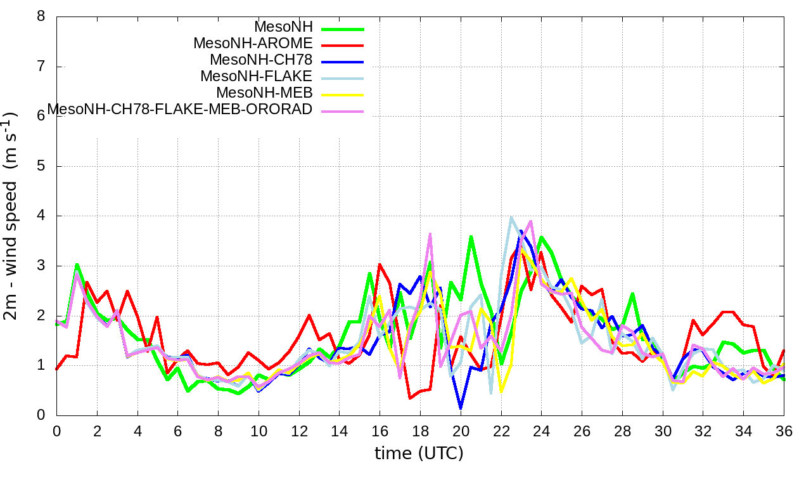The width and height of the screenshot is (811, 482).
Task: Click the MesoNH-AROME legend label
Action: click(x=253, y=44)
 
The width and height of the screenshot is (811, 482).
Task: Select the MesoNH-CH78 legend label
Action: click(x=261, y=60)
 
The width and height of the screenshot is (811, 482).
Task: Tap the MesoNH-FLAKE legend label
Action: click(x=257, y=76)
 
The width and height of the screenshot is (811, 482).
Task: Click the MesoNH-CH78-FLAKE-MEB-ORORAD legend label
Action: click(x=180, y=109)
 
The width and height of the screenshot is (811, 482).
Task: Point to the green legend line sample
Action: click(x=343, y=28)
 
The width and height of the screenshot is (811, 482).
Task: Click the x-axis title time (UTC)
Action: click(x=419, y=453)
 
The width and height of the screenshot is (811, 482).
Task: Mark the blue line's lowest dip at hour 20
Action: click(x=461, y=408)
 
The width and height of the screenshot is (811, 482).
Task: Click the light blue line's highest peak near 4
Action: click(x=511, y=217)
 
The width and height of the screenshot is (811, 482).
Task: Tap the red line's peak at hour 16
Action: click(x=380, y=264)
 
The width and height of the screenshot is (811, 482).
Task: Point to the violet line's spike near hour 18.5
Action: click(x=430, y=233)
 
